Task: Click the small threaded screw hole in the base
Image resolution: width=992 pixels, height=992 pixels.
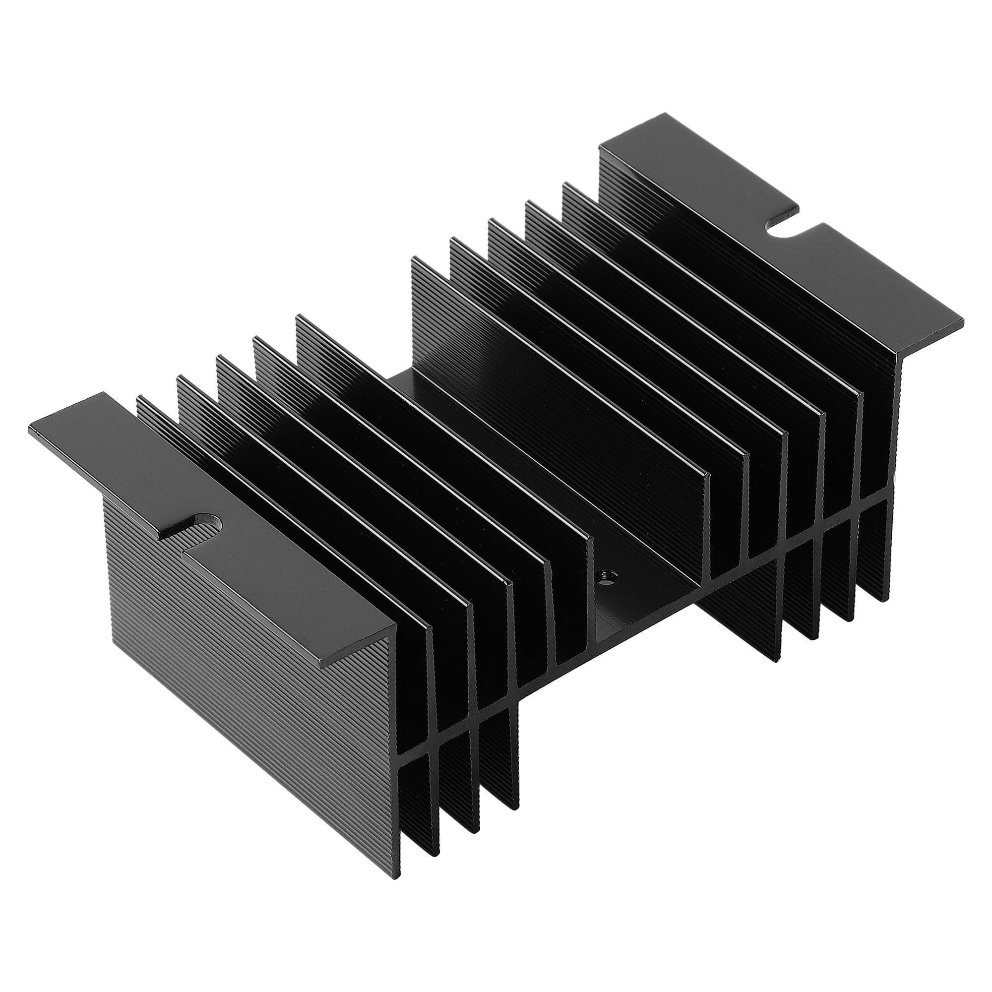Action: [x=607, y=575]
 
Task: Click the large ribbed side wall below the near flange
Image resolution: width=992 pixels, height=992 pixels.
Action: [x=247, y=668]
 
